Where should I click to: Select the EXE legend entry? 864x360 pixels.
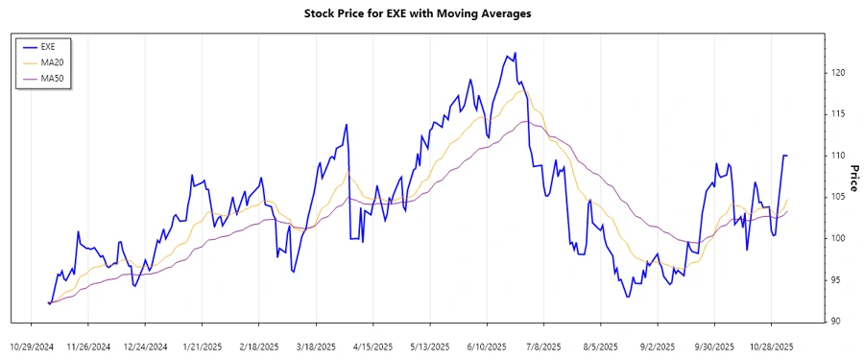[49, 46]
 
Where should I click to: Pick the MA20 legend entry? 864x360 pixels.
[52, 62]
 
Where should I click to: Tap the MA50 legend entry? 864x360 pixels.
[52, 79]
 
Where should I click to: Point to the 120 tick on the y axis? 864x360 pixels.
[838, 73]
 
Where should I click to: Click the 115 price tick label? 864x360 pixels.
[838, 114]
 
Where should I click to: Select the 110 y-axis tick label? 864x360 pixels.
[838, 156]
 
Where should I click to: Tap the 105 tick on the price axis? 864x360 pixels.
[838, 197]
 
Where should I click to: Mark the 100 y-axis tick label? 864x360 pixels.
[838, 238]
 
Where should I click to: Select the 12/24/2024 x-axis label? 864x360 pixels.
[146, 346]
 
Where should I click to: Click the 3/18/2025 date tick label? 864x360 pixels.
[315, 346]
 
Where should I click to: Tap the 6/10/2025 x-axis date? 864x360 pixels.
[485, 346]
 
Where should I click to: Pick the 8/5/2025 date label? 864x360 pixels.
[599, 346]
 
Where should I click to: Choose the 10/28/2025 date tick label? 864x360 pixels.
[769, 346]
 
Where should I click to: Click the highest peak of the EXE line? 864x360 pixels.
[516, 53]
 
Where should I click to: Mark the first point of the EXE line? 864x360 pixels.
[47, 302]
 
